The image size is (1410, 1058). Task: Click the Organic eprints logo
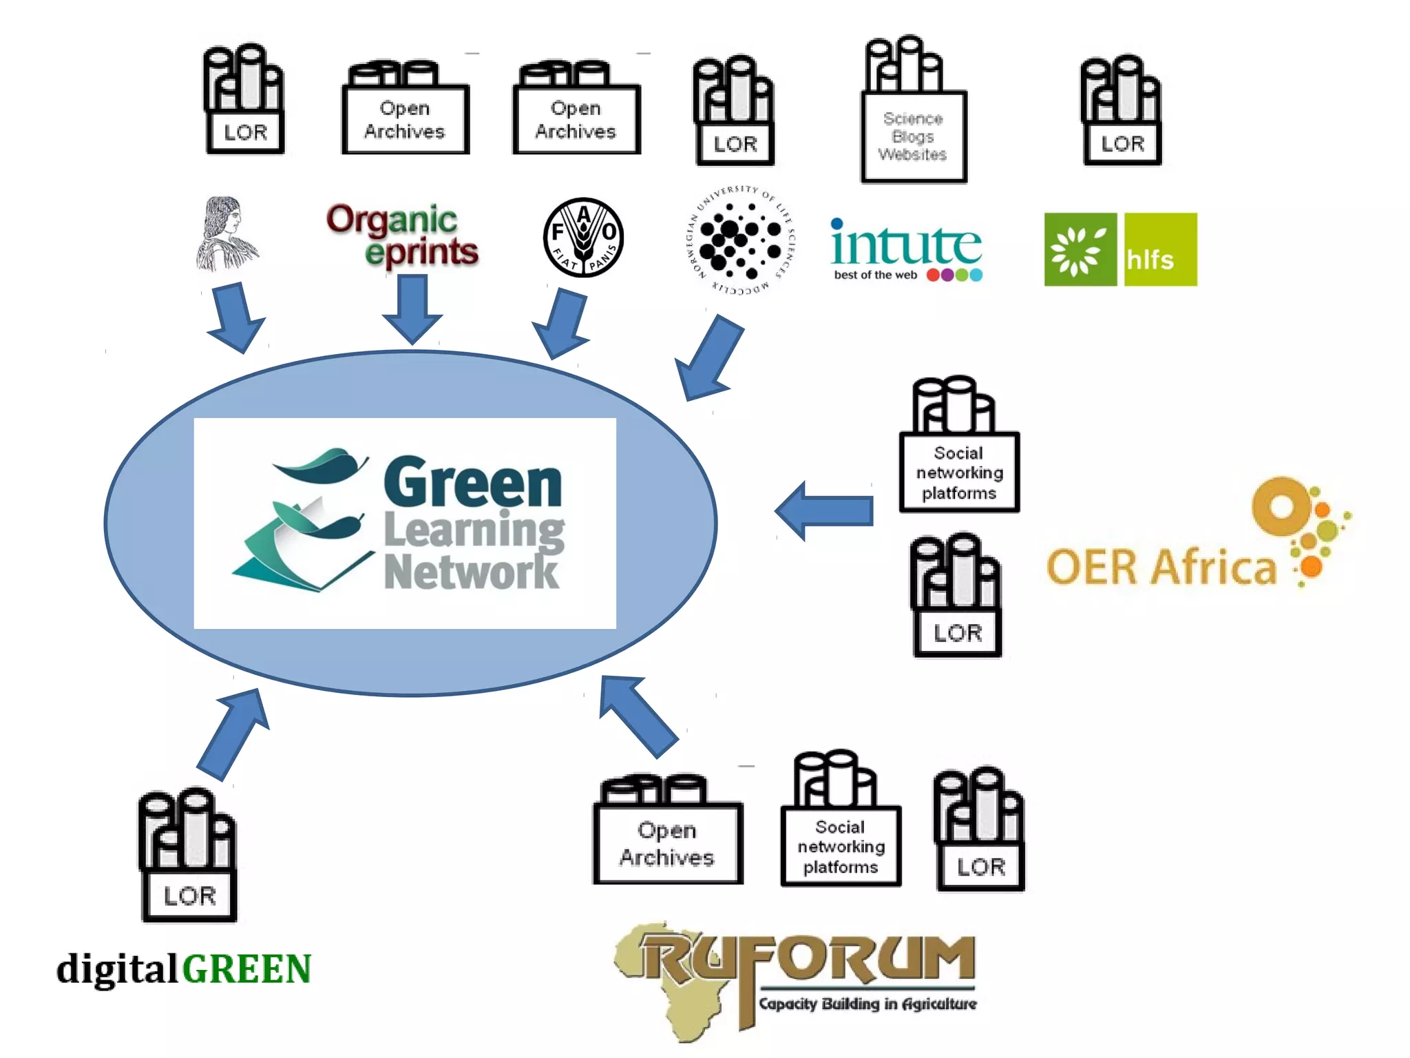click(403, 236)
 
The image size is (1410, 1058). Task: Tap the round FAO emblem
click(583, 238)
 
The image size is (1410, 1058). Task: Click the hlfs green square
click(1160, 249)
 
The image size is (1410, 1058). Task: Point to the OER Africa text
click(1161, 568)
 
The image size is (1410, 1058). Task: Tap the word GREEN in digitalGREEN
click(246, 969)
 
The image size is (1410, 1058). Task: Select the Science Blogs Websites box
click(913, 136)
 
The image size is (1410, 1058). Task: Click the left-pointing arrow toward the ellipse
click(824, 511)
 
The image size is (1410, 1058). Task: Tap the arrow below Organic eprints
click(412, 308)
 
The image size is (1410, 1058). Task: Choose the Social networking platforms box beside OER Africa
click(959, 473)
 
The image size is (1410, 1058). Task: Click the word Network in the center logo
click(471, 572)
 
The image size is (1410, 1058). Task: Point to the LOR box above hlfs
click(1122, 143)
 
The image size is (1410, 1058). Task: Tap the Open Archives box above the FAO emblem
click(576, 119)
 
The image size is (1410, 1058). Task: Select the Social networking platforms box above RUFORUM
click(841, 846)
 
